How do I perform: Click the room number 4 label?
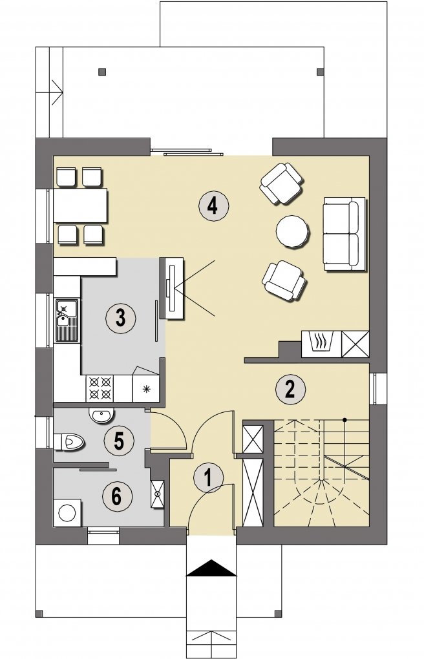[x=213, y=206]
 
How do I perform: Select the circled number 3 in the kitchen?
[x=120, y=317]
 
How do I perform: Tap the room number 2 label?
[x=290, y=389]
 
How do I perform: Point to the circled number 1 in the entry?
[x=209, y=477]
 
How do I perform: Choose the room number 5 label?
[x=119, y=441]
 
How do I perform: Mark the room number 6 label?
[x=118, y=496]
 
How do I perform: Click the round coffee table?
[x=293, y=231]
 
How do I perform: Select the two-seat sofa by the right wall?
[x=344, y=234]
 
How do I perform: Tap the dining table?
[x=80, y=205]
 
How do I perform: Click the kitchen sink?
[x=67, y=320]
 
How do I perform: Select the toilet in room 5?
[x=69, y=442]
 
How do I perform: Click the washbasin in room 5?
[x=101, y=415]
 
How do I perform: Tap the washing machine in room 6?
[x=67, y=512]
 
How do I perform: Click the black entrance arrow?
[x=211, y=567]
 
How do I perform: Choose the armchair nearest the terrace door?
[x=282, y=183]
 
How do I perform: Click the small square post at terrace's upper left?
[x=101, y=72]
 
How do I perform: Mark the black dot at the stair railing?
[x=344, y=419]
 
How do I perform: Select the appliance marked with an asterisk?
[x=146, y=388]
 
